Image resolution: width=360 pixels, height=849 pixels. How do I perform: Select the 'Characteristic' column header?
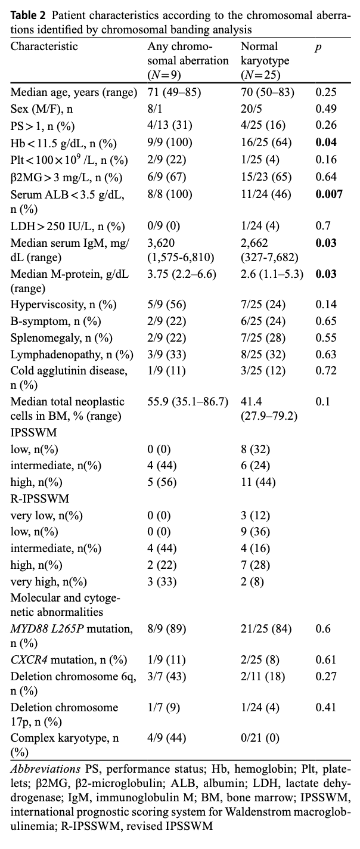[44, 47]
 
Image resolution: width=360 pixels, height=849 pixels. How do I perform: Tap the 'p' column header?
[318, 47]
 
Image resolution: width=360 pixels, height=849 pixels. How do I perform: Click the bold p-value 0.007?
[329, 194]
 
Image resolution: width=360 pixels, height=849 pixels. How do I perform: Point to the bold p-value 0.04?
[326, 142]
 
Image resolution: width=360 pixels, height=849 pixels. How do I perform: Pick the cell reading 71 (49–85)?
[174, 92]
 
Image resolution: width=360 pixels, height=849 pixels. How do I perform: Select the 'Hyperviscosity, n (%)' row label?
[63, 304]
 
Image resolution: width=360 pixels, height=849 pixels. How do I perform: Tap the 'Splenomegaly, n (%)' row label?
[61, 337]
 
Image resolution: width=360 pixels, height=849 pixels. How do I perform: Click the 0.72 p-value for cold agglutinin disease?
[326, 370]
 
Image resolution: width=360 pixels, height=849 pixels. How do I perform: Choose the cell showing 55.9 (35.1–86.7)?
[188, 401]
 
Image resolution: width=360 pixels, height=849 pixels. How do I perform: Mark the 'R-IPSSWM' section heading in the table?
[40, 498]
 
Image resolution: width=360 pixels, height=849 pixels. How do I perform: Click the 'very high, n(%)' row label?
[48, 581]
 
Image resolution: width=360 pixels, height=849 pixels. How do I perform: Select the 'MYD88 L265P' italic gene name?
[47, 629]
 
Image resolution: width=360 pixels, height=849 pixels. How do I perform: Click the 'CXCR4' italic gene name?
[29, 660]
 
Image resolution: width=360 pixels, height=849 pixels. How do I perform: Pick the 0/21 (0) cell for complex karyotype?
[260, 738]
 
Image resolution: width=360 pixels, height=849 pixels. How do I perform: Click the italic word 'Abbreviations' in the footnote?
[45, 769]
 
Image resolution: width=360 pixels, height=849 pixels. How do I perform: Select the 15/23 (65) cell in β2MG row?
[266, 177]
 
